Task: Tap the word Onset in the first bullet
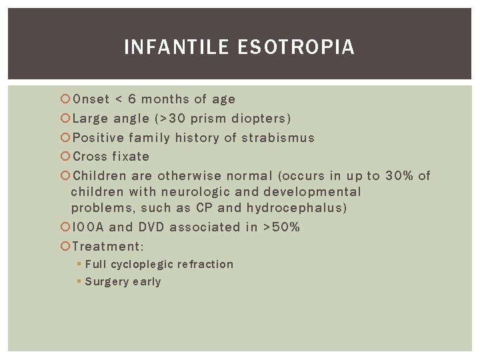pyautogui.click(x=91, y=99)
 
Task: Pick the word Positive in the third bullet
pyautogui.click(x=98, y=138)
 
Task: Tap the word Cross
pyautogui.click(x=89, y=157)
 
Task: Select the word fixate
pyautogui.click(x=131, y=157)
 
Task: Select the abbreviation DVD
pyautogui.click(x=151, y=227)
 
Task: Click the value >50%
pyautogui.click(x=282, y=227)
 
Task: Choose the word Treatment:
pyautogui.click(x=108, y=246)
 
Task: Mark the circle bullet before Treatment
pyautogui.click(x=65, y=246)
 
